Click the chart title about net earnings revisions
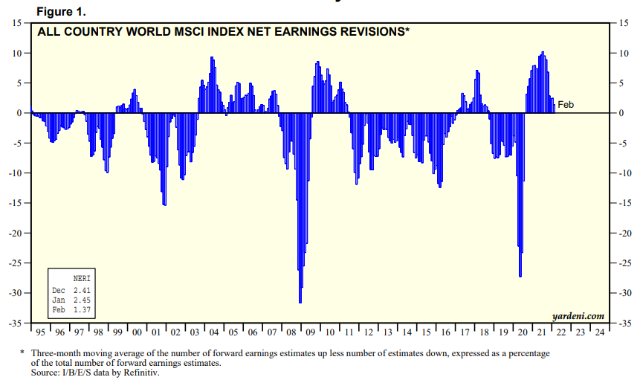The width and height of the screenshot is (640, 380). [223, 32]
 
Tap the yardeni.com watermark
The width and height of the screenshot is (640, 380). [578, 316]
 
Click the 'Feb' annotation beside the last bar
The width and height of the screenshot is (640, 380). [566, 105]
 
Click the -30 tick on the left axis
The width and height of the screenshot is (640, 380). [16, 292]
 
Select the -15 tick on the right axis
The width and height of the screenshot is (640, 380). [624, 203]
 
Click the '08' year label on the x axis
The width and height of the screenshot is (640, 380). [291, 332]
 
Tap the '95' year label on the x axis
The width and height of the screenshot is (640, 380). [41, 332]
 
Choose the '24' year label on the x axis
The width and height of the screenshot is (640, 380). [598, 332]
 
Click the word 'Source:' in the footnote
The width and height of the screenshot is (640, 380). [46, 373]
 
